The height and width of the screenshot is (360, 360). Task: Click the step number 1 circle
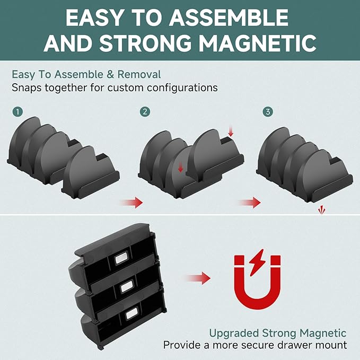click(17, 112)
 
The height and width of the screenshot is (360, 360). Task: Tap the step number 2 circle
click(145, 112)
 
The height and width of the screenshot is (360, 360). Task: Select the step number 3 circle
click(268, 112)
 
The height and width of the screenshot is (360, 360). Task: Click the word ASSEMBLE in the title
click(229, 17)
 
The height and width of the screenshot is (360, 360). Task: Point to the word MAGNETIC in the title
click(257, 43)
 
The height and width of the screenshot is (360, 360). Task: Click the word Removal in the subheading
click(139, 74)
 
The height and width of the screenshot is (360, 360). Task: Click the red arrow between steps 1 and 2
click(133, 203)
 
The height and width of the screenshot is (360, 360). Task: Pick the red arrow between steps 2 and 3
click(250, 203)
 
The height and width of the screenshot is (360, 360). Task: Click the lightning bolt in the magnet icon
click(257, 262)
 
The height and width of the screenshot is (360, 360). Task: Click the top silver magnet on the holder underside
click(121, 258)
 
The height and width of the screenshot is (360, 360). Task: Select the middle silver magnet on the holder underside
click(127, 286)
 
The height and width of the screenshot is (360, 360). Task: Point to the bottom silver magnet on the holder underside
click(132, 314)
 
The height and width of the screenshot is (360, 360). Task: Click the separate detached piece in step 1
click(91, 174)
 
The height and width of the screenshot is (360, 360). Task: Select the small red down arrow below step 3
click(321, 210)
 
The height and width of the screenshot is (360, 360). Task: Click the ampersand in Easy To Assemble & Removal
click(110, 75)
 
